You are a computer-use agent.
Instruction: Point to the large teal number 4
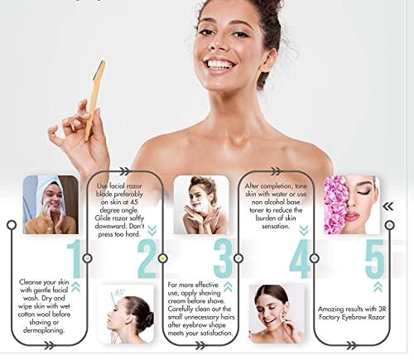(x=301, y=259)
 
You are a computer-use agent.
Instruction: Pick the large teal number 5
(x=374, y=259)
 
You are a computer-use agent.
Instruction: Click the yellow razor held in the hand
(x=95, y=100)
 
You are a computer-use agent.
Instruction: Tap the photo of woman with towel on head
(x=51, y=204)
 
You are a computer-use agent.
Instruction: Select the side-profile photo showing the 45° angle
(x=126, y=314)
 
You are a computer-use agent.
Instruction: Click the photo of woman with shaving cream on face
(x=201, y=204)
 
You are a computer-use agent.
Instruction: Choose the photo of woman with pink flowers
(x=352, y=204)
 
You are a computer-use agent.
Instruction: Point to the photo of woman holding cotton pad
(x=277, y=314)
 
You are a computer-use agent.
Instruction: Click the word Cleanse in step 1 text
(x=31, y=282)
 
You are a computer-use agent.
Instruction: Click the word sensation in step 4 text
(x=275, y=226)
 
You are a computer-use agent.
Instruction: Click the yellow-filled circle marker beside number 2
(x=163, y=258)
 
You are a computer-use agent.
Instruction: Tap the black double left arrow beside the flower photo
(x=388, y=206)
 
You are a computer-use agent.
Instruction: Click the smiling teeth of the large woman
(x=221, y=65)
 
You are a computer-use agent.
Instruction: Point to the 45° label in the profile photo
(x=120, y=291)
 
